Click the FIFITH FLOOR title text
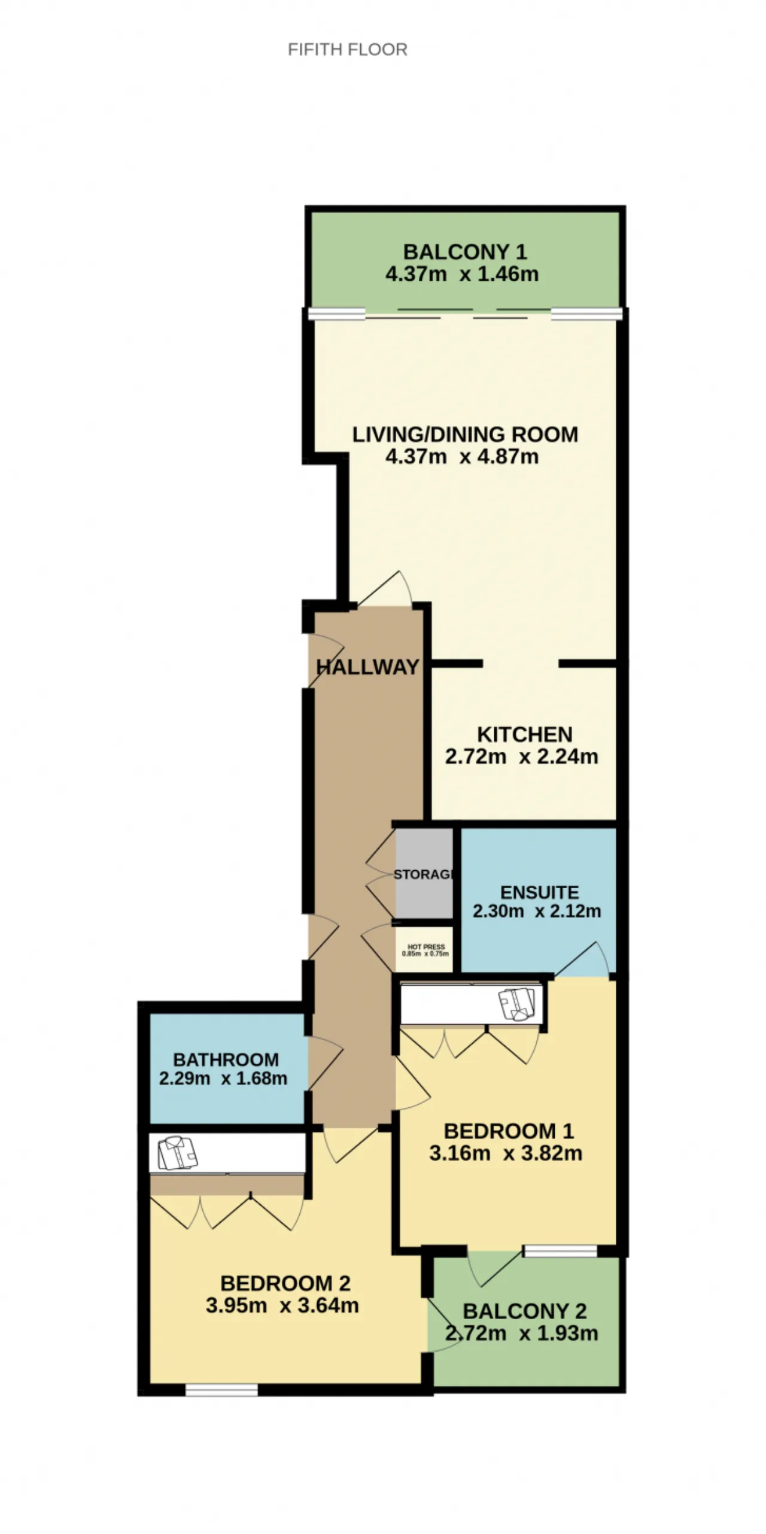click(347, 49)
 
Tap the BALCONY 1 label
click(465, 252)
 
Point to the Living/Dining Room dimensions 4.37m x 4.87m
click(462, 457)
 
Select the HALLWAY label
click(367, 667)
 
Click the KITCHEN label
click(525, 734)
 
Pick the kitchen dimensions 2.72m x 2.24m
click(522, 757)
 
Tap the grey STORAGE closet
click(424, 873)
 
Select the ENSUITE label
click(539, 892)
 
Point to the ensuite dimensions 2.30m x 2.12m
click(537, 912)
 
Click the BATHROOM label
click(226, 1060)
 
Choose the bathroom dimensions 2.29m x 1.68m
click(223, 1079)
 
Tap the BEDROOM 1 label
click(509, 1131)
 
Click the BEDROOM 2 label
click(285, 1283)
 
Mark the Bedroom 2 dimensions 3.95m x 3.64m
click(282, 1305)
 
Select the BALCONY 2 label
click(525, 1311)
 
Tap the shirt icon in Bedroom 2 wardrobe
click(177, 1153)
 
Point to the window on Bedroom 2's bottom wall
click(221, 1389)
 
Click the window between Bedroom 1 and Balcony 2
click(561, 1251)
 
